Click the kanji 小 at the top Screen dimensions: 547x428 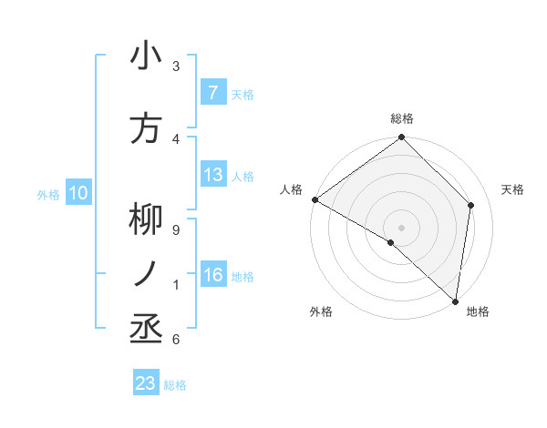146,56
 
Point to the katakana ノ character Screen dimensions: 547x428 146,273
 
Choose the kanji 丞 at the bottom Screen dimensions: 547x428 146,326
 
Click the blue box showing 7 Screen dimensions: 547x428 213,93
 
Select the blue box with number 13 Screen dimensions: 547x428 213,175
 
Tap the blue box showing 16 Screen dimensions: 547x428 213,275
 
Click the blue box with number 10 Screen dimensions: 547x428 78,193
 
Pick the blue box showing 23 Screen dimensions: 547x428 146,383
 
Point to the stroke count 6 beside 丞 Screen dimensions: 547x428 176,340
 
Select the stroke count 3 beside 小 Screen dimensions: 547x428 176,66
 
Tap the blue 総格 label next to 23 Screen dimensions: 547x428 175,384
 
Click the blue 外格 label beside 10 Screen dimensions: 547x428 48,194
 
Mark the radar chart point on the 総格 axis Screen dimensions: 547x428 401,138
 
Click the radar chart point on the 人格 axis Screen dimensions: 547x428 315,199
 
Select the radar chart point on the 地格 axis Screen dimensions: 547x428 455,300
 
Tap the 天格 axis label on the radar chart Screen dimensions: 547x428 512,189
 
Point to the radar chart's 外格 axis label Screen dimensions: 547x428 321,311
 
